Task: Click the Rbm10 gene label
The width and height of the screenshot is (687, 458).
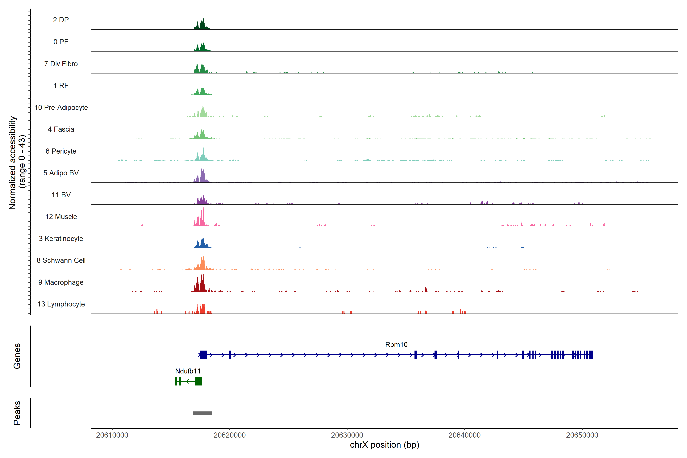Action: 396,345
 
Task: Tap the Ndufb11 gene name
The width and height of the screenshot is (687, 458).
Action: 188,371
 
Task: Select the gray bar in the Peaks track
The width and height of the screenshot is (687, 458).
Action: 202,413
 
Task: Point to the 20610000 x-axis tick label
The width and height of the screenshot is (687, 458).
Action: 112,435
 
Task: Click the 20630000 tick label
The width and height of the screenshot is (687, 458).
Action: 347,435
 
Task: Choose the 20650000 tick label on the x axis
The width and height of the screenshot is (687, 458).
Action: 582,435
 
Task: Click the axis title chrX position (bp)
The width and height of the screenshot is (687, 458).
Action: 384,445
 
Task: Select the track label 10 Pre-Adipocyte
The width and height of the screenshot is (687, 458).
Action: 61,107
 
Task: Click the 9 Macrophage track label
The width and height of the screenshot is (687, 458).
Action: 61,282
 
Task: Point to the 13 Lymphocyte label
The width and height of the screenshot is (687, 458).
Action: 61,304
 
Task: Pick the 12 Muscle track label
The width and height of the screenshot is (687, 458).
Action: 61,217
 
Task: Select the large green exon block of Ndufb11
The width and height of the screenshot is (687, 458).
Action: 198,381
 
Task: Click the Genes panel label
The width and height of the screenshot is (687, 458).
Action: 17,356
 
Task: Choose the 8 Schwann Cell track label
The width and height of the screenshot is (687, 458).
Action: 61,260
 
